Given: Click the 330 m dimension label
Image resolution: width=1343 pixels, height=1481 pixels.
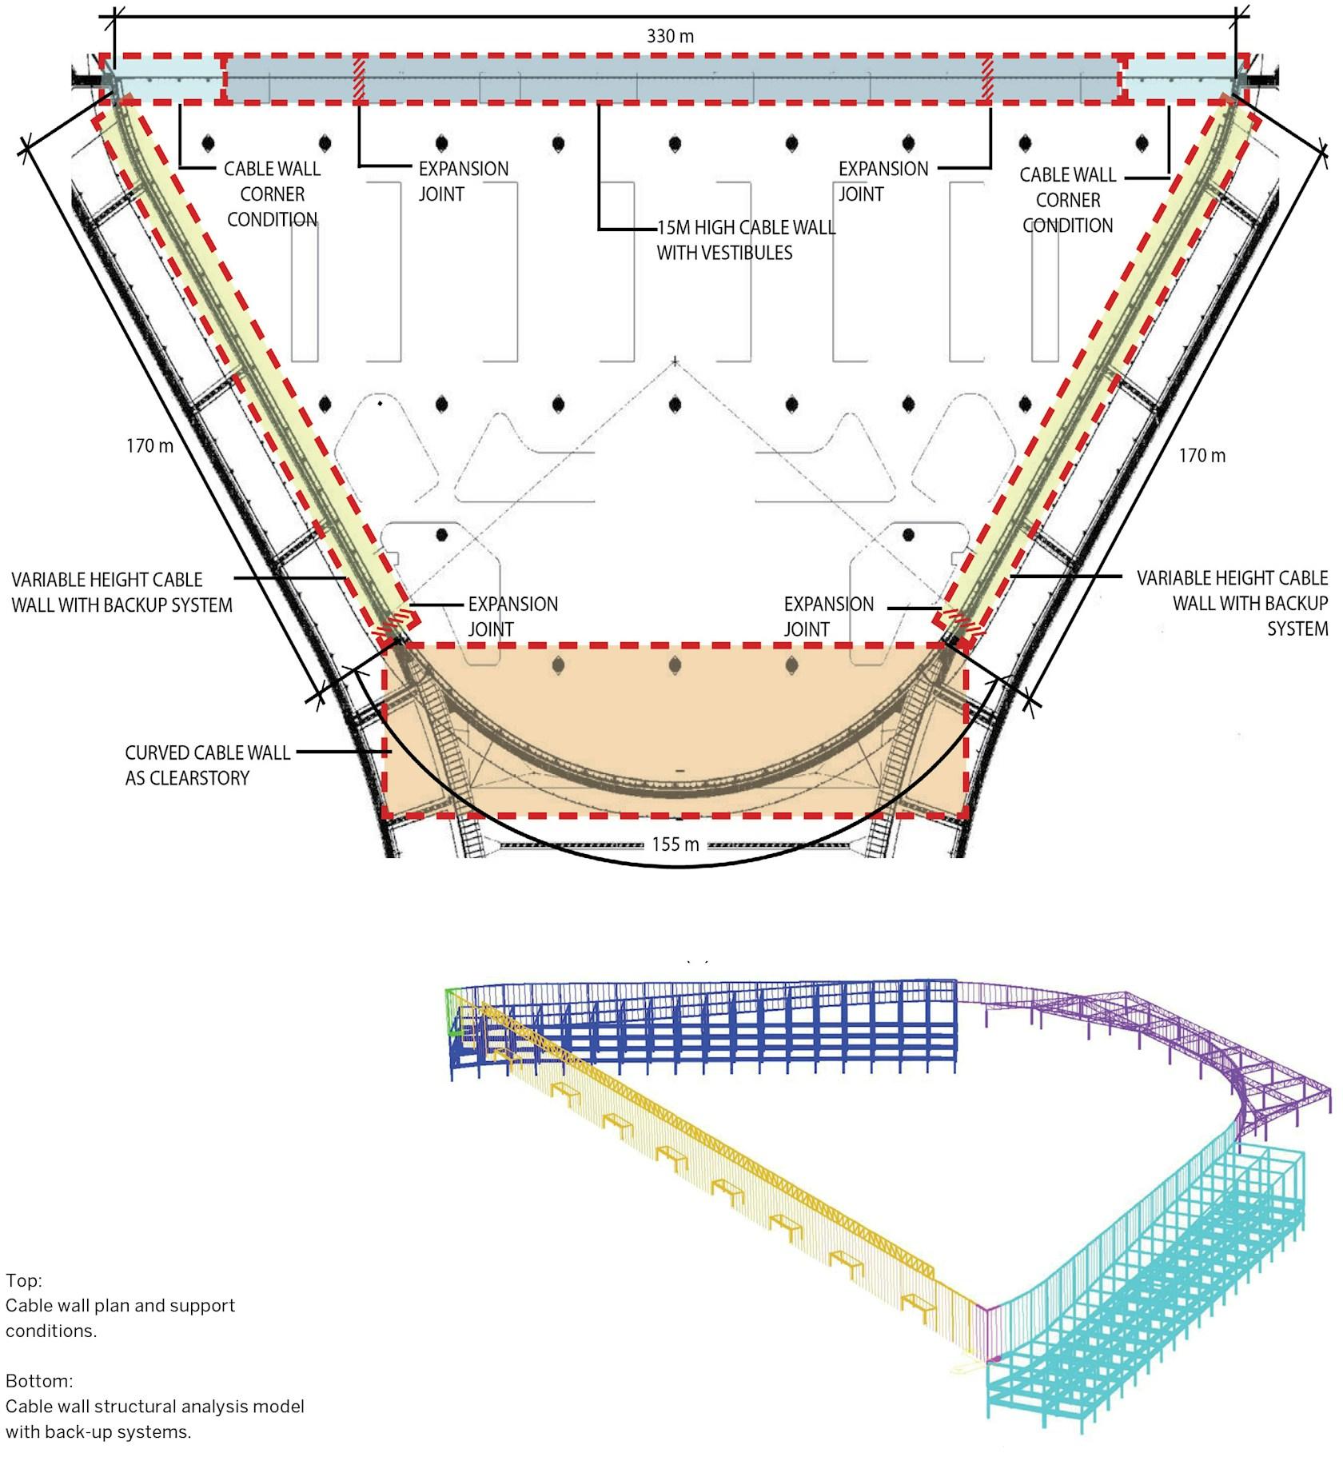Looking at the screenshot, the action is coord(670,37).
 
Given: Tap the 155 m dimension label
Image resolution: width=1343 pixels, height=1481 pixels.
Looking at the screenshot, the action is coord(675,844).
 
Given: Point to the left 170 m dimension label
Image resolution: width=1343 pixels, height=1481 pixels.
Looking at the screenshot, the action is coord(149,445).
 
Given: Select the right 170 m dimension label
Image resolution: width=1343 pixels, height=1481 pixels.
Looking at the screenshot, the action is coord(1202,456).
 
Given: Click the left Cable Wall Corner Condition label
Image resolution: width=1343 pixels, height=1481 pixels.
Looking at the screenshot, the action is coord(272,194).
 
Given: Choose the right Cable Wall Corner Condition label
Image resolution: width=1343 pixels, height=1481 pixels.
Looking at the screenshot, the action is coord(1068,200).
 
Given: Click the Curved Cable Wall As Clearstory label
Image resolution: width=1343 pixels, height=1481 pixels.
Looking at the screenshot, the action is coord(208,765).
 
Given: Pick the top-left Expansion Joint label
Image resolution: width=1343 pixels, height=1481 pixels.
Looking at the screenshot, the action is coord(464,182).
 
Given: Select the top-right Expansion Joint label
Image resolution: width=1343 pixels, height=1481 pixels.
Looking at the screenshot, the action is coord(883,182).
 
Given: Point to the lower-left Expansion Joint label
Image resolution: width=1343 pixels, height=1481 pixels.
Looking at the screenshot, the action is coord(513,617).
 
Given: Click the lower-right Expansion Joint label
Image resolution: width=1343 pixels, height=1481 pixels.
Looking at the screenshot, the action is coord(829,617).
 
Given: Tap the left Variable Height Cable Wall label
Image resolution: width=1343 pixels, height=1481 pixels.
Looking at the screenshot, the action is coord(122,593).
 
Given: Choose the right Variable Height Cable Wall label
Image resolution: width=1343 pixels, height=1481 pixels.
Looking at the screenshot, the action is coord(1232,604).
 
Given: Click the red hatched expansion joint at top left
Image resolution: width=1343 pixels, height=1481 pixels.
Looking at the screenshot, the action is coord(360,79).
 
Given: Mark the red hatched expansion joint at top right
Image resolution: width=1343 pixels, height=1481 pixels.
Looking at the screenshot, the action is coord(986,79).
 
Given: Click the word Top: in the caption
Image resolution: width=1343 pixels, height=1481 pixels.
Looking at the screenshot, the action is coord(24,1280).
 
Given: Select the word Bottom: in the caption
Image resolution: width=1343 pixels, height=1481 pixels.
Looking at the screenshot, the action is coord(39,1381).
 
